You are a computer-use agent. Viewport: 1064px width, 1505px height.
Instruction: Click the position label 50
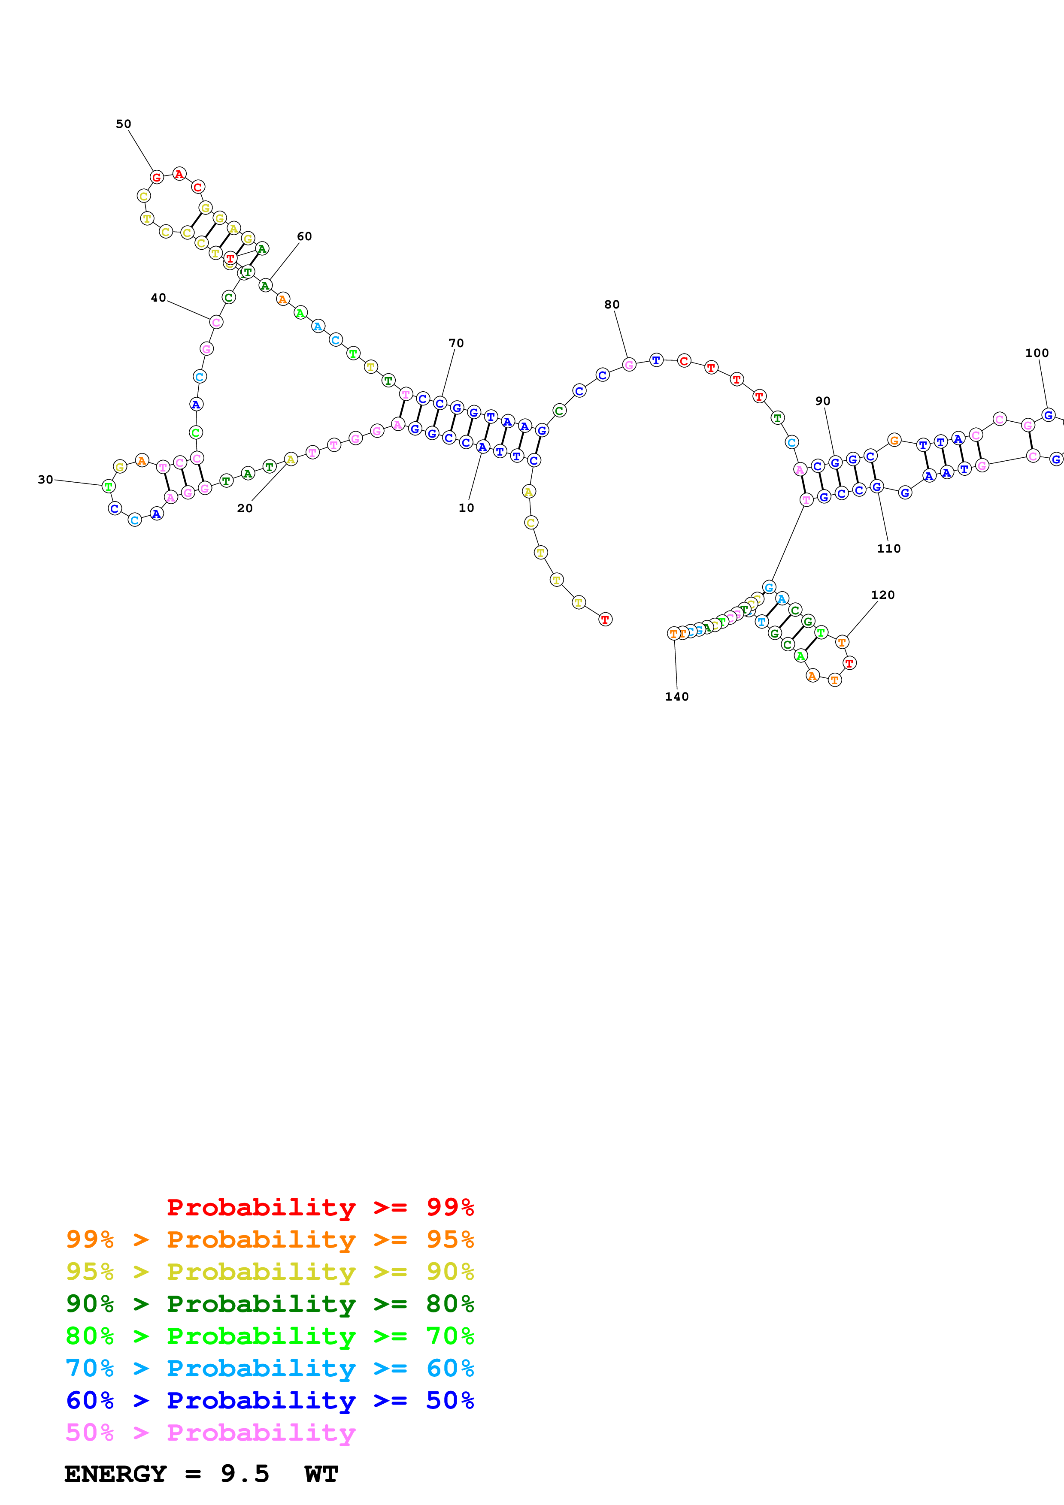123,124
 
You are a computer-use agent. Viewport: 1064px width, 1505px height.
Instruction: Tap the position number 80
612,304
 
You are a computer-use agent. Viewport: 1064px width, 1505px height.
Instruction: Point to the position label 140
676,696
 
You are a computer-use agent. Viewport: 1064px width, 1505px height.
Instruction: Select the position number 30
45,479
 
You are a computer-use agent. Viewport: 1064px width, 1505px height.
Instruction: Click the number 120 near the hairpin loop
882,595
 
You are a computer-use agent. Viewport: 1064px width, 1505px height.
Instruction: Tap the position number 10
466,508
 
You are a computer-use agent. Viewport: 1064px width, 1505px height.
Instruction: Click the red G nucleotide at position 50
157,177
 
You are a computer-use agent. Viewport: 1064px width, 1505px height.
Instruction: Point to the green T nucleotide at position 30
109,487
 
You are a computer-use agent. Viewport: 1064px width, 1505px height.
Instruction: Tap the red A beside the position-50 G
179,174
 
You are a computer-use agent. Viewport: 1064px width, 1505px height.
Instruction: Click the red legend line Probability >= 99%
320,1207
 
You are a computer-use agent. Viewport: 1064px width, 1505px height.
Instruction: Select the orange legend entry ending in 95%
270,1239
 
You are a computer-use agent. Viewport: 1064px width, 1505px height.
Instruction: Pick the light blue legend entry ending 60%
270,1368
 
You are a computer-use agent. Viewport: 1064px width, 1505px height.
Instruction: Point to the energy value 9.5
245,1474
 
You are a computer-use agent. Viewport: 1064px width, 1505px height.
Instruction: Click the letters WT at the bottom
321,1474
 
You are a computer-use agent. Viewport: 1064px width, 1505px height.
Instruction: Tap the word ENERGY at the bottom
115,1474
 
